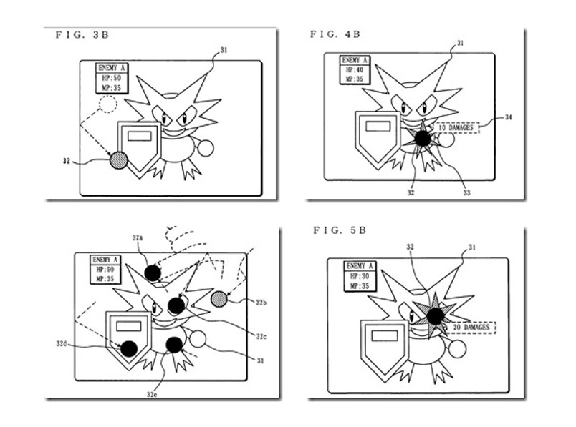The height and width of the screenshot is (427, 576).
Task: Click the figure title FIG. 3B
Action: coord(79,34)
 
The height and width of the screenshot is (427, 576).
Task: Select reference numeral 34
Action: coord(508,116)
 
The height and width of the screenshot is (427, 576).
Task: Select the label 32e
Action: coord(153,394)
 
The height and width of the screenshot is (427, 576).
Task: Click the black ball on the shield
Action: coord(129,348)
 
